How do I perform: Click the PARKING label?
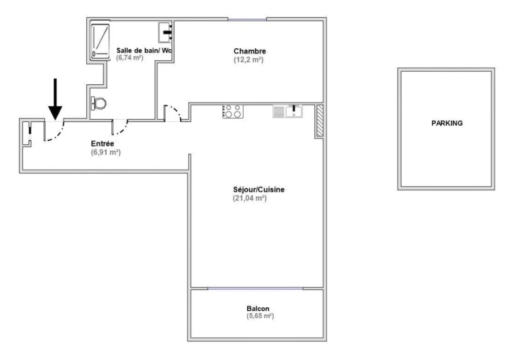pos(447,123)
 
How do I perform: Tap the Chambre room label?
pos(250,51)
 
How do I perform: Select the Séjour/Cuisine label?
pos(258,189)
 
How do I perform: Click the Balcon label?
pos(258,309)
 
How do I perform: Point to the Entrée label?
pos(103,144)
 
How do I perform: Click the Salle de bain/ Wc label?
pos(144,50)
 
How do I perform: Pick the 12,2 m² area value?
pos(248,60)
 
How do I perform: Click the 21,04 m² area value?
pos(250,198)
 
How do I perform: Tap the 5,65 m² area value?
pos(261,316)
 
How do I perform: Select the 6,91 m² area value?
pos(106,152)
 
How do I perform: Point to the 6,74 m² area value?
pos(129,58)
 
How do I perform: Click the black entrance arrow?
pos(55,99)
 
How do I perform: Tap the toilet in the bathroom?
pos(99,104)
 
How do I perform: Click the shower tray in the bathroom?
pos(100,41)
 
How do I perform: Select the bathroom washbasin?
pos(165,32)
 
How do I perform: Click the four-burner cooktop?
pos(233,111)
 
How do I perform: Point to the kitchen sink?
pos(287,111)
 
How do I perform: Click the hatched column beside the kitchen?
pos(320,120)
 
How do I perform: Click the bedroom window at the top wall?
pos(247,20)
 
